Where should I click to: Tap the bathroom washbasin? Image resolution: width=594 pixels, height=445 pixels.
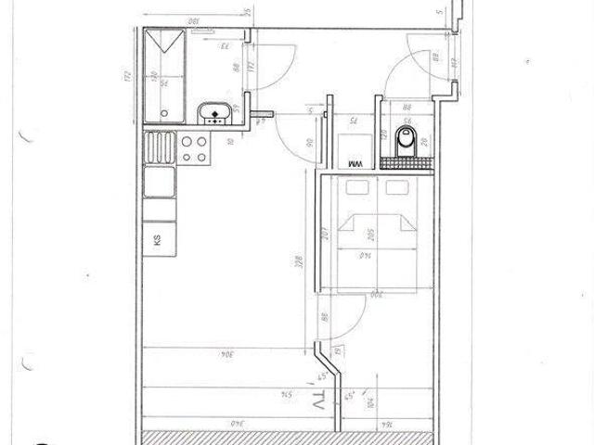[x=215, y=114]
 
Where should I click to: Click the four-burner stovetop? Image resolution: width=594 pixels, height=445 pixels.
[x=194, y=148]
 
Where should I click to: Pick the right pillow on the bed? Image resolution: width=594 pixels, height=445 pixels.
[x=397, y=188]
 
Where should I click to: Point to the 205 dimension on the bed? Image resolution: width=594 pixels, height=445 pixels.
[x=369, y=236]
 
